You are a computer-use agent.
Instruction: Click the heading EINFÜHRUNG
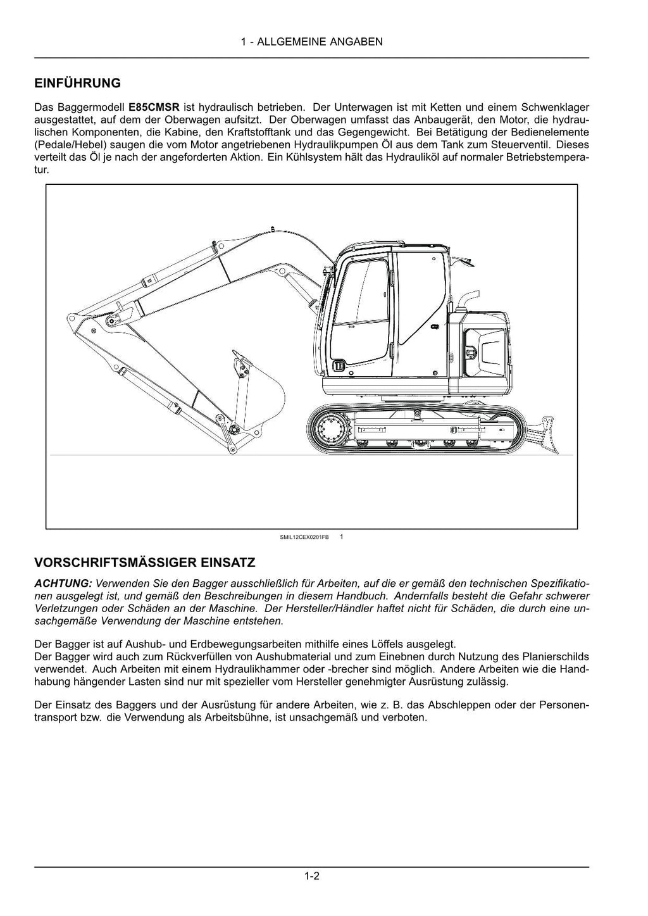[x=77, y=84]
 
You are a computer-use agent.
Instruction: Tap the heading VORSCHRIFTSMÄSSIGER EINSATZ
[x=145, y=562]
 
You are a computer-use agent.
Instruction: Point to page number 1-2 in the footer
[x=311, y=877]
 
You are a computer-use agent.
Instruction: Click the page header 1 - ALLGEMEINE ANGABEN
[x=311, y=42]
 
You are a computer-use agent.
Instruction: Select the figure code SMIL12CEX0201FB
[x=304, y=537]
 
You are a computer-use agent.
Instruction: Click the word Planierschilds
[x=558, y=656]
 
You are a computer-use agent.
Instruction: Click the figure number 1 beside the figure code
[x=341, y=537]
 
